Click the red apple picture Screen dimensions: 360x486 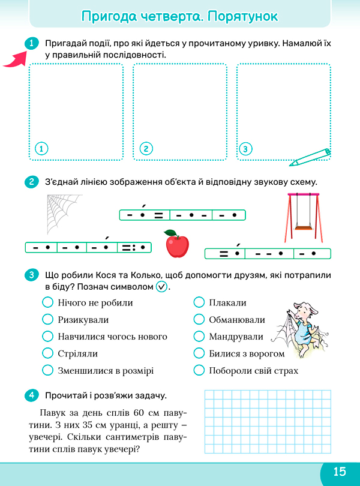(x=178, y=244)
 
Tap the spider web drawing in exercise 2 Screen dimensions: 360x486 (x=63, y=214)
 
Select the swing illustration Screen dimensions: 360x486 (x=304, y=217)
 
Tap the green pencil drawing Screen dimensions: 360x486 (x=310, y=157)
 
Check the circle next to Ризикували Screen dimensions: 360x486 (x=48, y=319)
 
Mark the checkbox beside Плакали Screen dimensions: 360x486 (x=199, y=302)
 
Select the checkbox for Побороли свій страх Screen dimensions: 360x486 (x=199, y=370)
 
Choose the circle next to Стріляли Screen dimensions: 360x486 (x=48, y=353)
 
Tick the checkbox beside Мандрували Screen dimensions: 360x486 (x=199, y=336)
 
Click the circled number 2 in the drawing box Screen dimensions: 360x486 (x=146, y=149)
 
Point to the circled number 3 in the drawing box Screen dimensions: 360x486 (x=245, y=149)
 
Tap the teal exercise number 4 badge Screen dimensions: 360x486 (x=31, y=395)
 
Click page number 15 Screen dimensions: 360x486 (x=340, y=472)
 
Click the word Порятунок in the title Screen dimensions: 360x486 (x=243, y=16)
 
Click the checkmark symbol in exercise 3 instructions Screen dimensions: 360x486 (x=161, y=287)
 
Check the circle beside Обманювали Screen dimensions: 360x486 (x=199, y=319)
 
